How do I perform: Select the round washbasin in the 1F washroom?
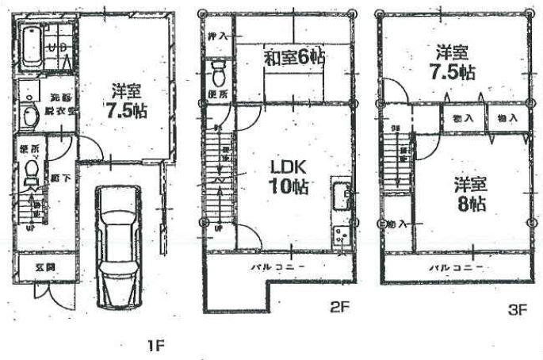pos(29,117)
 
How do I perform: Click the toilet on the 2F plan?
pos(220,75)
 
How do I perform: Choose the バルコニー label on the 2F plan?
pos(277,266)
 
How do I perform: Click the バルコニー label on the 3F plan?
pos(457,266)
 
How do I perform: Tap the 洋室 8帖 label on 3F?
pos(469,194)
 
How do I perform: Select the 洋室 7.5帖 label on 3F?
pos(454,63)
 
